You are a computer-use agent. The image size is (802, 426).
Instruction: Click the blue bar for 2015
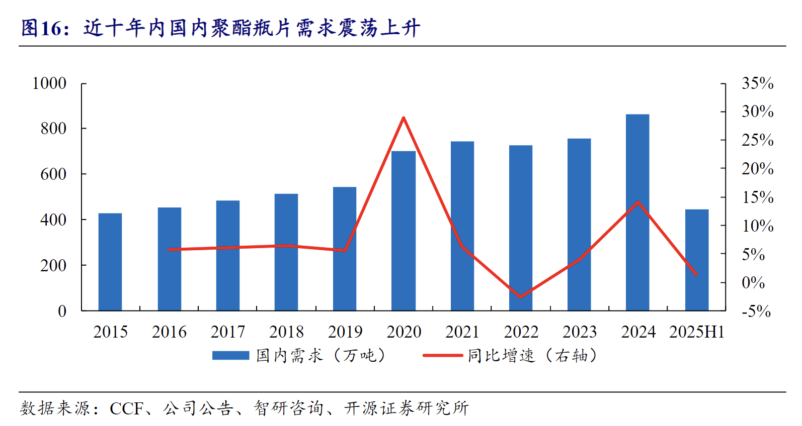pyautogui.click(x=110, y=262)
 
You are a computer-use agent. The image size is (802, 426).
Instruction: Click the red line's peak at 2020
pyautogui.click(x=404, y=118)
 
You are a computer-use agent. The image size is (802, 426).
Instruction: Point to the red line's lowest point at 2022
pyautogui.click(x=520, y=297)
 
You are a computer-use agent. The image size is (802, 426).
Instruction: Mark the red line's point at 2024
pyautogui.click(x=638, y=202)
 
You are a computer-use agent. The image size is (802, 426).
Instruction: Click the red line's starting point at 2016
pyautogui.click(x=170, y=249)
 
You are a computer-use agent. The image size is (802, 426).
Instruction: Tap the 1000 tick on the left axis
pyautogui.click(x=49, y=83)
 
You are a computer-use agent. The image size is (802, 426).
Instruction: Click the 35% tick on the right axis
pyautogui.click(x=757, y=83)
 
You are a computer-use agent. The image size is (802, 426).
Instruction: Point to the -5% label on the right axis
pyautogui.click(x=756, y=311)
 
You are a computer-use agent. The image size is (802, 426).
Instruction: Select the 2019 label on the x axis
pyautogui.click(x=345, y=332)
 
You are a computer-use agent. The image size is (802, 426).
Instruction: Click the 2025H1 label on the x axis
pyautogui.click(x=697, y=332)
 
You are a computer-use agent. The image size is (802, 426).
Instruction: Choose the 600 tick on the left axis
pyautogui.click(x=53, y=174)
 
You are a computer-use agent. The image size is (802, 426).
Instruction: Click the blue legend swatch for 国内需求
pyautogui.click(x=230, y=356)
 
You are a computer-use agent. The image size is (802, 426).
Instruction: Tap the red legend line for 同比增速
pyautogui.click(x=442, y=356)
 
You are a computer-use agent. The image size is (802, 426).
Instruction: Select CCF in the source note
pyautogui.click(x=127, y=408)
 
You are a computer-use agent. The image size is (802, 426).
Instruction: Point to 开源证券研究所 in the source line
pyautogui.click(x=407, y=408)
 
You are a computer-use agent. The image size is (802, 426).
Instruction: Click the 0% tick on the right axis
pyautogui.click(x=753, y=283)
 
